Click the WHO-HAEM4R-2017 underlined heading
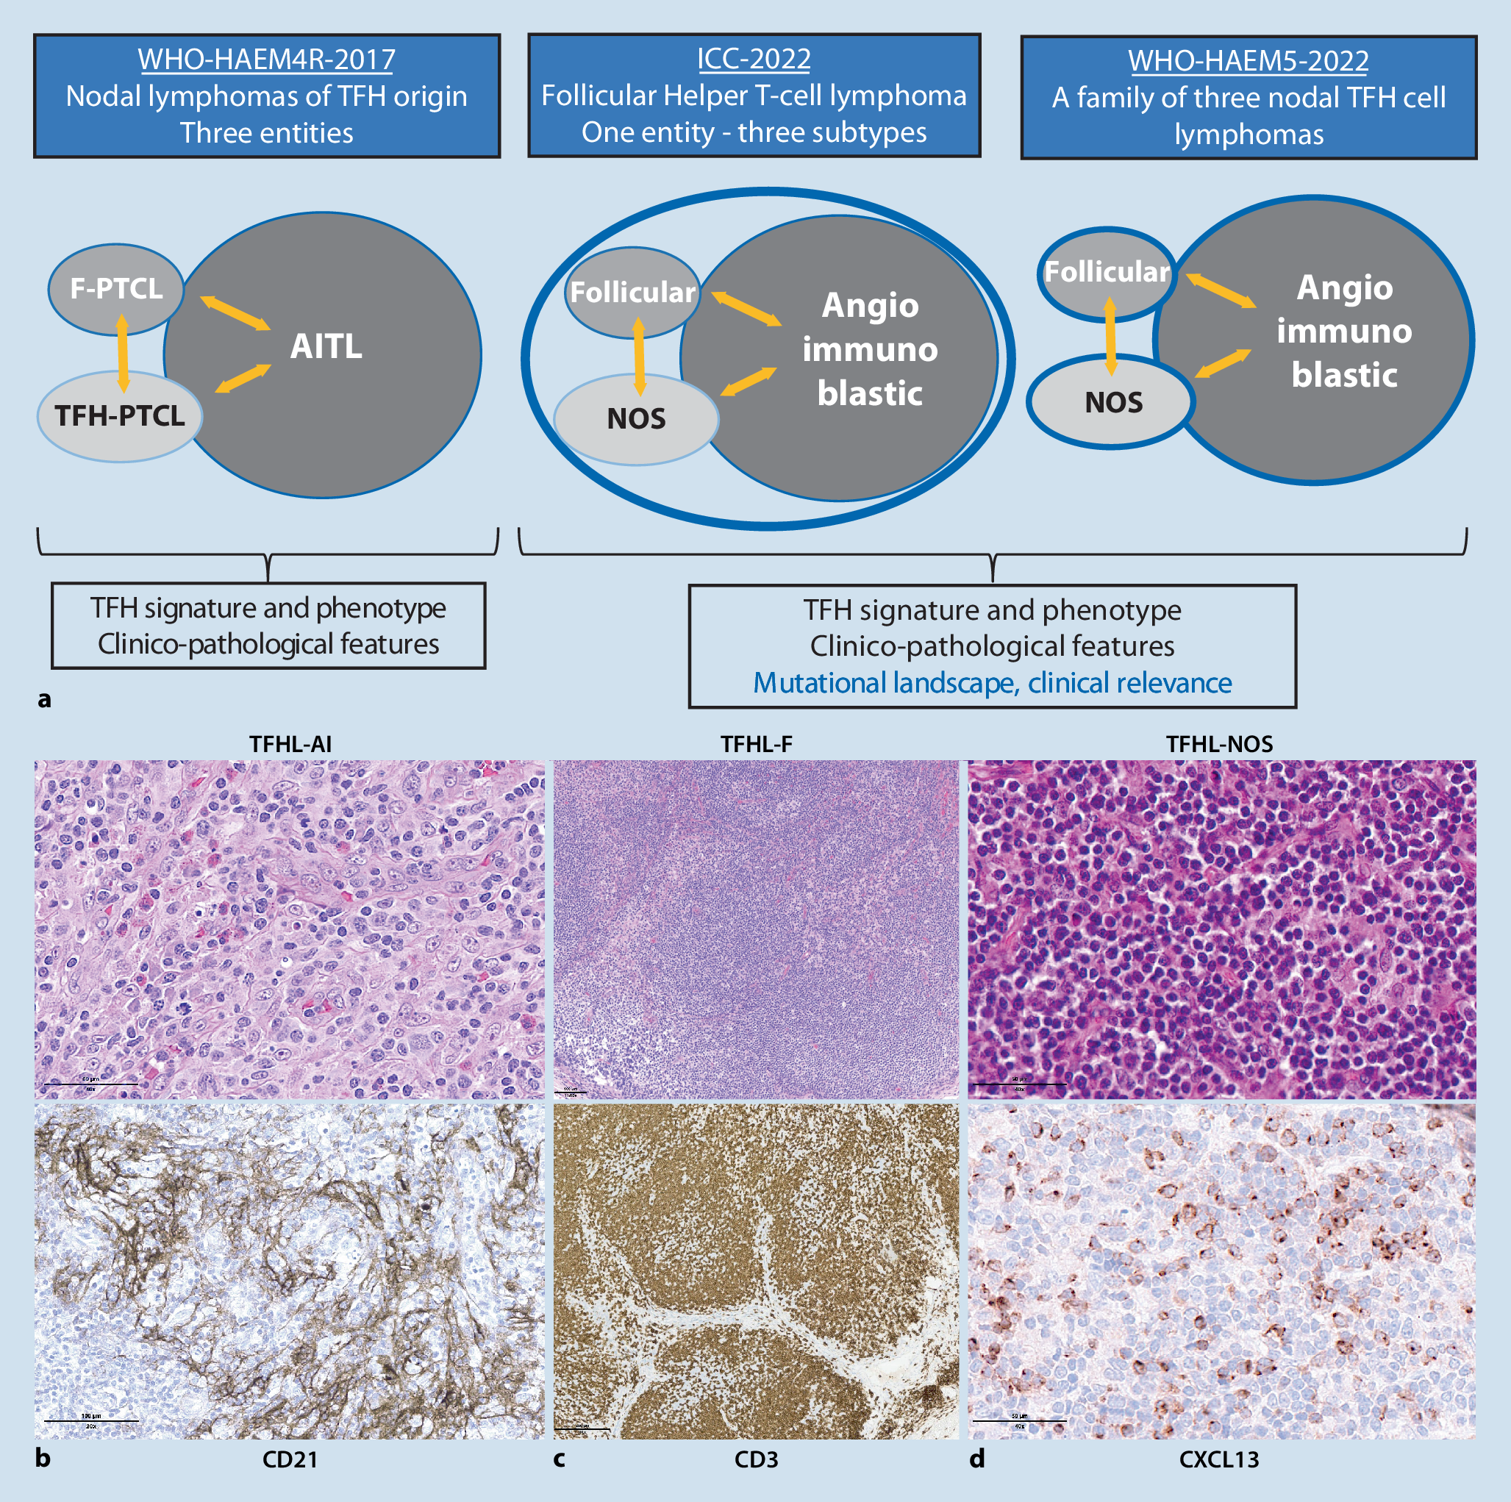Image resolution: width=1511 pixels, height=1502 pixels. (266, 60)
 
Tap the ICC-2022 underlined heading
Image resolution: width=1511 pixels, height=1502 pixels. (753, 59)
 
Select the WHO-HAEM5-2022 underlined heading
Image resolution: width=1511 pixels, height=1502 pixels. (1248, 61)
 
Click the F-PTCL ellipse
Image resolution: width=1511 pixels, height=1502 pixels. (115, 287)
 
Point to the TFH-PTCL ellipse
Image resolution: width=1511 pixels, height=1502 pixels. (120, 416)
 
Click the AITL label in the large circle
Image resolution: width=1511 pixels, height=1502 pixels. (326, 346)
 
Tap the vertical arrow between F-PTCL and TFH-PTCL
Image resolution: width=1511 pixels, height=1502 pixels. (122, 352)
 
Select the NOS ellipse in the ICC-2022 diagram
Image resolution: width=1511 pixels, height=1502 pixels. (636, 419)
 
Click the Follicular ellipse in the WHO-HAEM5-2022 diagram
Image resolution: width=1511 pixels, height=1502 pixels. (1107, 272)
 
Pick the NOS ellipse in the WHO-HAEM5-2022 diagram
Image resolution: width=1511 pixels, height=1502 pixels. (1113, 403)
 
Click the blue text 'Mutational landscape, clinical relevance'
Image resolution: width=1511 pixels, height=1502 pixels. (992, 682)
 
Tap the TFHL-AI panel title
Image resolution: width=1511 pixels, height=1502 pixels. (290, 743)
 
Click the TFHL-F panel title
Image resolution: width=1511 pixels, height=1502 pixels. (757, 743)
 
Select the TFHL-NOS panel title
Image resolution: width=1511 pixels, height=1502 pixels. (1218, 743)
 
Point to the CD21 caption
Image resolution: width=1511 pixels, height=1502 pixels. (290, 1459)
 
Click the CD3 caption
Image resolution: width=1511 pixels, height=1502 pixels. (756, 1459)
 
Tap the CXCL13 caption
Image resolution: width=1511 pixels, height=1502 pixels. (1218, 1459)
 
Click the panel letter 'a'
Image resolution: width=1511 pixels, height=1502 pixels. (45, 698)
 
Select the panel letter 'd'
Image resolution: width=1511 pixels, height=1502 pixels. (977, 1459)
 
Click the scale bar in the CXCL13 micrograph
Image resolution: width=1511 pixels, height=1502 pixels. (1018, 1420)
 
